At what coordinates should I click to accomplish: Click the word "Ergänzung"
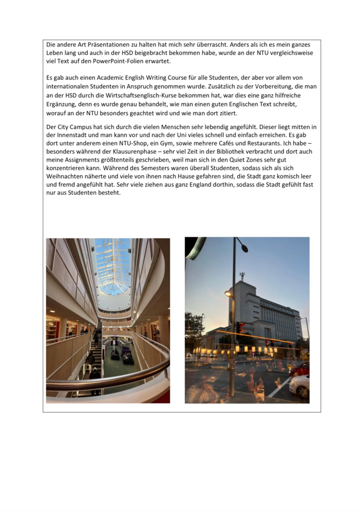pyautogui.click(x=62, y=103)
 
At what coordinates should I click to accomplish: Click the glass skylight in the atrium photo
pyautogui.click(x=113, y=266)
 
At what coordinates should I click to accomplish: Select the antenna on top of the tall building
pyautogui.click(x=242, y=276)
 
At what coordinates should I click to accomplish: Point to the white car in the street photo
pyautogui.click(x=300, y=386)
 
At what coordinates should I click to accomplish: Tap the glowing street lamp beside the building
pyautogui.click(x=228, y=294)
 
